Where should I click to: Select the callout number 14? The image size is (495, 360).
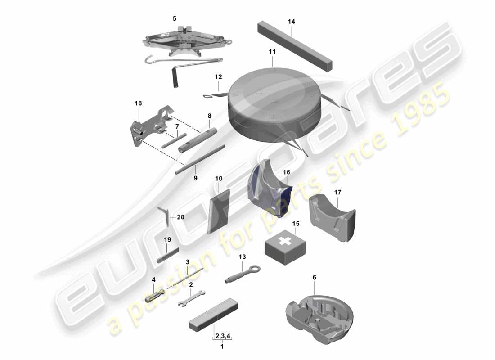[292, 22]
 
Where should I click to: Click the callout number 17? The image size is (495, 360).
[337, 192]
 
